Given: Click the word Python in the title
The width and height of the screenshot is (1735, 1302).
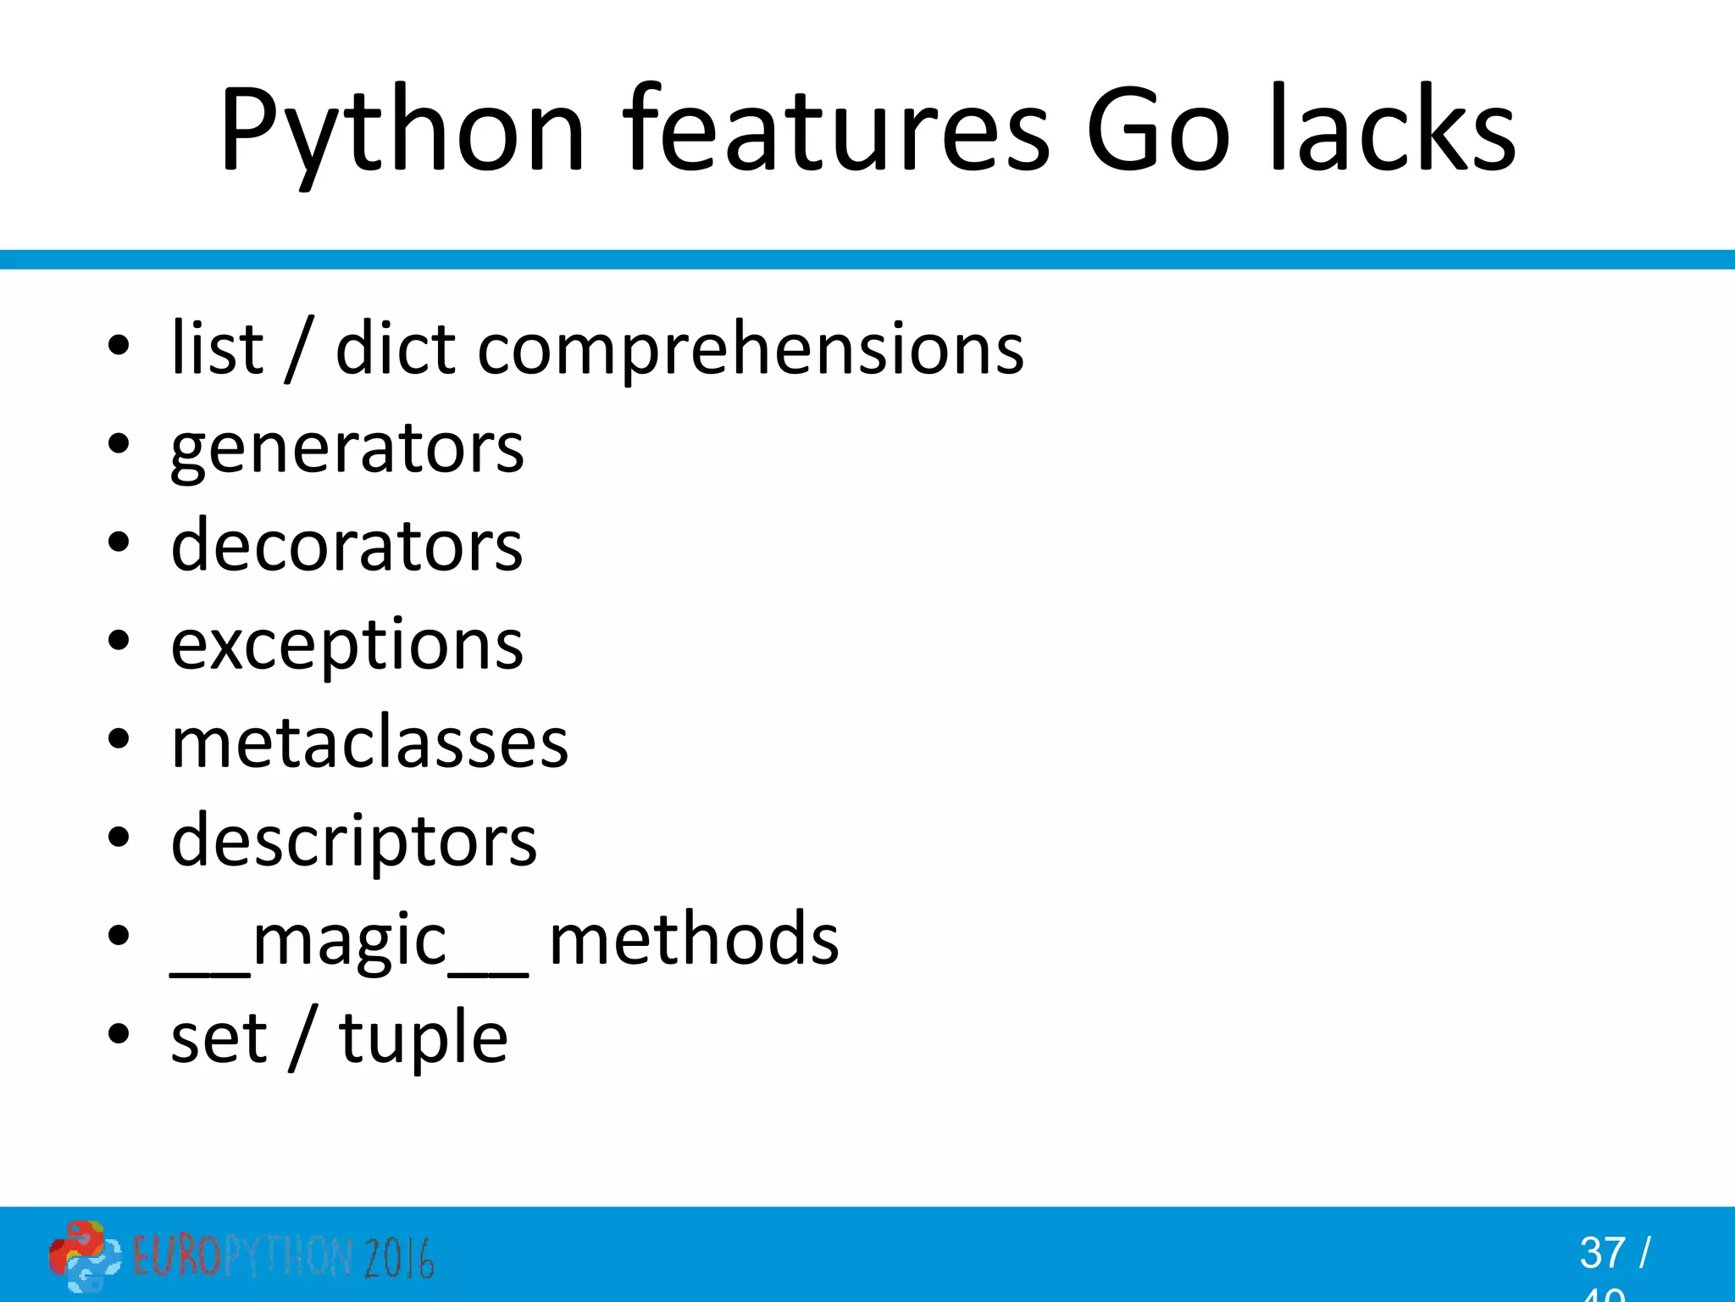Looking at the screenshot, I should [x=402, y=131].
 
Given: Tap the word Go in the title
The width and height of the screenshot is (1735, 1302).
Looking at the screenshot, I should [x=1157, y=131].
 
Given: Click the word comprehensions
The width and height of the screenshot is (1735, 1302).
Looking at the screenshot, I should [x=751, y=350].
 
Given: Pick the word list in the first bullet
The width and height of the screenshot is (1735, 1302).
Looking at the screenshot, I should [x=217, y=348].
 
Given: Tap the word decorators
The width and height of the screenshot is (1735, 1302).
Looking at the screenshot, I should [x=347, y=545].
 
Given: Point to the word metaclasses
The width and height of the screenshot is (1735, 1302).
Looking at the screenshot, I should [x=369, y=743].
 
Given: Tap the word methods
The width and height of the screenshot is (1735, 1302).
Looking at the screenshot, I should [x=694, y=939].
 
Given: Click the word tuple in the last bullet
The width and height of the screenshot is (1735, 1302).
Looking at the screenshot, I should [x=424, y=1039].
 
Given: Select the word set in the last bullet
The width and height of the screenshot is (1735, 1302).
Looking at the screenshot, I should [x=219, y=1039].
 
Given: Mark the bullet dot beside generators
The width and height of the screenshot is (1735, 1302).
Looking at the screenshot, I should [x=119, y=442].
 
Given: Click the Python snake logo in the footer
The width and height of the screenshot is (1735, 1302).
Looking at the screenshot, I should [x=85, y=1256].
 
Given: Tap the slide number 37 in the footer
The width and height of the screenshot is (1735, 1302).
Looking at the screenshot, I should [x=1602, y=1253].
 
